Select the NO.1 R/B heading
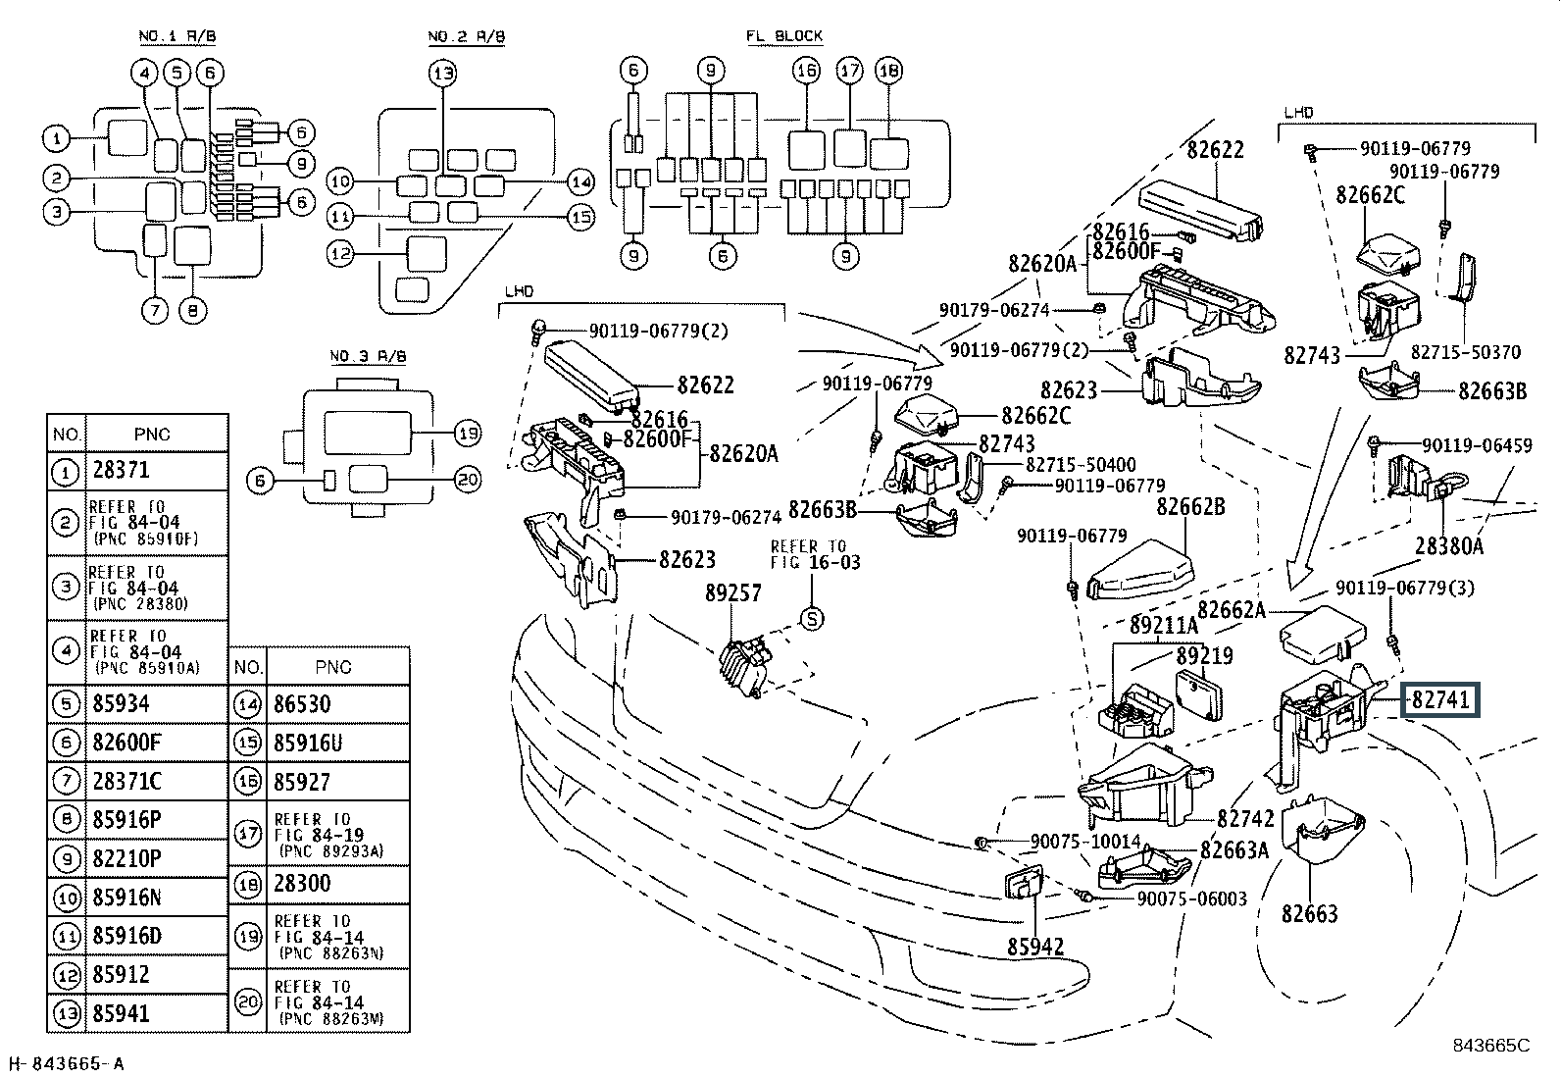pos(176,36)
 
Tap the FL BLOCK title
pos(783,36)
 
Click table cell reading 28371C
pos(126,781)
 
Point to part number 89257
pos(732,593)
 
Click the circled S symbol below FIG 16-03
pos(812,618)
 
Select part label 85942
pos(1034,947)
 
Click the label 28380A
pos(1449,545)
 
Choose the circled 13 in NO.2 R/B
pos(442,72)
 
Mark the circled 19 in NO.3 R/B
pos(469,433)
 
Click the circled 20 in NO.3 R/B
pos(469,479)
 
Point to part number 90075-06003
pos(1192,898)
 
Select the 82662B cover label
pos(1190,507)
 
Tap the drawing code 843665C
pos(1490,1045)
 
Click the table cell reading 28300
pos(303,883)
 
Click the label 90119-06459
pos(1477,445)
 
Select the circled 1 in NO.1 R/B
pos(57,138)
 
